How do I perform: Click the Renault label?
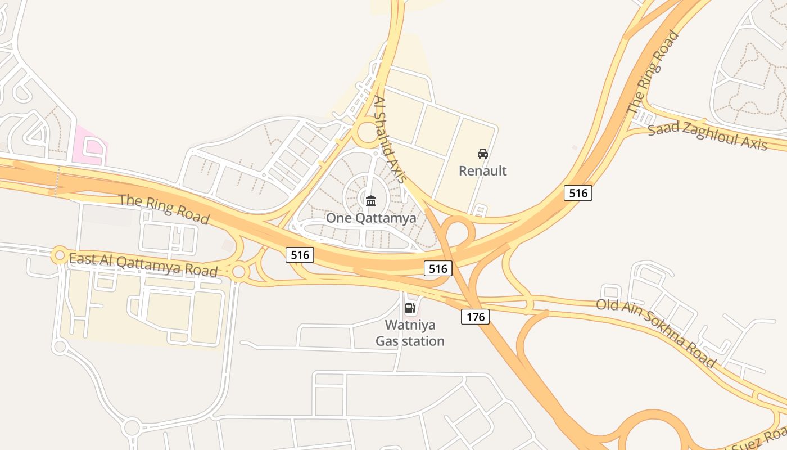coord(482,170)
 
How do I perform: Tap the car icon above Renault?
coord(482,154)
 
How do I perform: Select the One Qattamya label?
coord(371,218)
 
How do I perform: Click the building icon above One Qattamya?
coord(371,201)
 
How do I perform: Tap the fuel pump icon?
coord(410,308)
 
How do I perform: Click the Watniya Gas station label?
coord(410,333)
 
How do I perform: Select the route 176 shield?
coord(475,317)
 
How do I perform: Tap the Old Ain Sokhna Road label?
coord(656,333)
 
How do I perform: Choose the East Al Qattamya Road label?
coord(143,264)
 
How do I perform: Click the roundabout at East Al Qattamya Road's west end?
coord(59,255)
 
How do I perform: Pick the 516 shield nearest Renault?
coord(577,193)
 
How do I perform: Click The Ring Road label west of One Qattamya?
coord(164,209)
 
